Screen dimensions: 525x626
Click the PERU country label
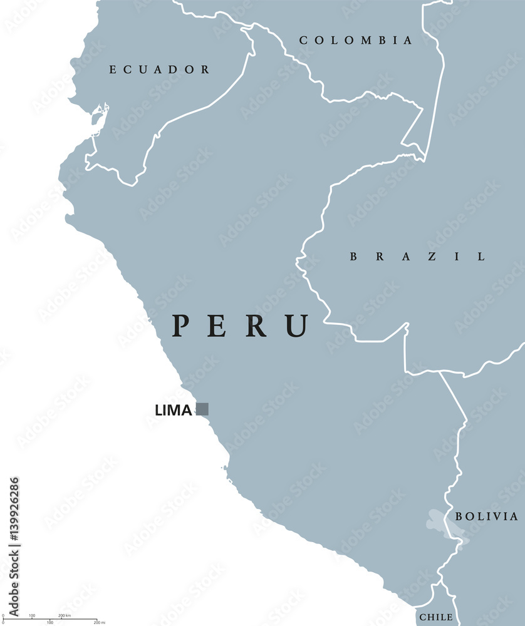coord(242,326)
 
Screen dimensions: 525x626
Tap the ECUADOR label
coord(159,69)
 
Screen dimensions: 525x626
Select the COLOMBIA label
coord(356,41)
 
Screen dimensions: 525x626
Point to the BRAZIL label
coord(417,256)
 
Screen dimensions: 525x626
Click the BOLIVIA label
coord(487,516)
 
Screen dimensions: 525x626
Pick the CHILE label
coord(436,617)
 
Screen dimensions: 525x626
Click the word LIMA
coord(174,410)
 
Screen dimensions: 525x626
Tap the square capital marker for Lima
coord(202,409)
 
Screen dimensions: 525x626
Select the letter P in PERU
coord(181,326)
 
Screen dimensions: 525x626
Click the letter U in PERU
coord(298,326)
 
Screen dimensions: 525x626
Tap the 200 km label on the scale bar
coord(65,616)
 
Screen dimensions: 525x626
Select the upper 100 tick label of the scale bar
coord(32,616)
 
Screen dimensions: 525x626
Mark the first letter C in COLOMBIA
coord(303,41)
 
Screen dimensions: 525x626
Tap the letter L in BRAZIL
coord(481,256)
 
